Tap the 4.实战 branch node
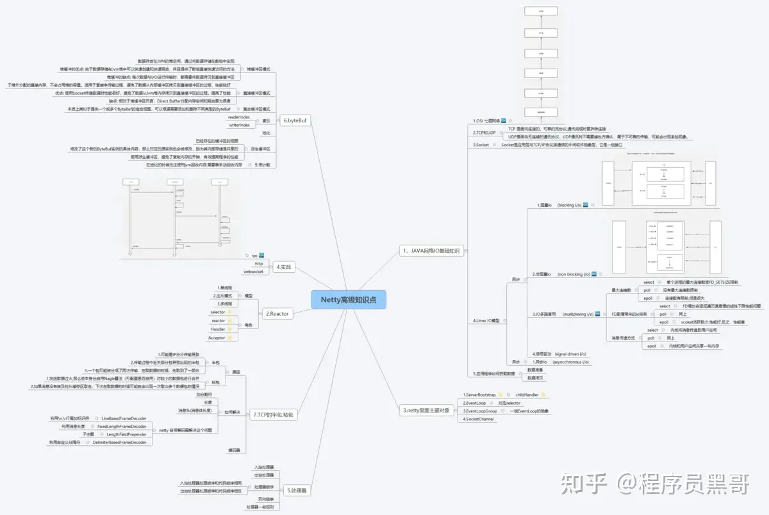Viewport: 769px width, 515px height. (x=284, y=267)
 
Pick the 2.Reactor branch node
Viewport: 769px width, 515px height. (x=277, y=313)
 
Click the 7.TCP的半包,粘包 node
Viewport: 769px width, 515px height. (x=274, y=415)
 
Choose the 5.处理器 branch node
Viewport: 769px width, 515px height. (x=296, y=491)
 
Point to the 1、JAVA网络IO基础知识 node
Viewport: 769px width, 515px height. (x=431, y=250)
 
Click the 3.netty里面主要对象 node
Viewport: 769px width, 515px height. (x=426, y=410)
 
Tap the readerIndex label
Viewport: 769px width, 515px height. (x=239, y=117)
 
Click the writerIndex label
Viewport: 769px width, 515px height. (x=239, y=126)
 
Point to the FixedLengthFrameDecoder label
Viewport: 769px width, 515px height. (x=122, y=426)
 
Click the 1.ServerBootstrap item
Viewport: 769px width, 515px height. (x=479, y=395)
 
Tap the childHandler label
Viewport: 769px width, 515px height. (x=527, y=395)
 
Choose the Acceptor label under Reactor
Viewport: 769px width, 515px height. (x=217, y=338)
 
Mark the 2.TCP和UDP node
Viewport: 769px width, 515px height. (x=484, y=133)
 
